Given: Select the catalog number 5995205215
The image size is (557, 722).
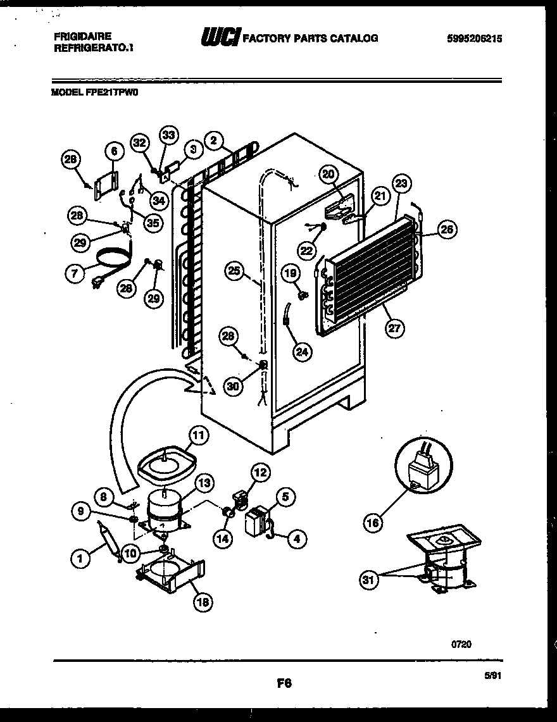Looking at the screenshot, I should coord(474,39).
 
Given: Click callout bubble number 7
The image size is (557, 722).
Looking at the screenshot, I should coord(76,274).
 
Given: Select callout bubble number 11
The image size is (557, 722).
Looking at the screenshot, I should coord(199,435).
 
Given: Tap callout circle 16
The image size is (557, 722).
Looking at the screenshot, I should coord(373,522).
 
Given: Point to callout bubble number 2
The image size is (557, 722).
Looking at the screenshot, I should coord(215,140).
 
